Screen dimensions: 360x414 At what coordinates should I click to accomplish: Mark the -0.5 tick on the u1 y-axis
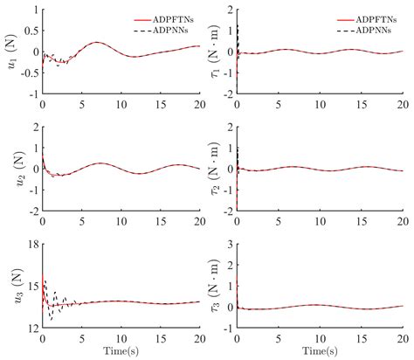point(27,73)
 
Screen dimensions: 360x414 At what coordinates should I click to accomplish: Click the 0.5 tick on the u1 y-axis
point(30,31)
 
